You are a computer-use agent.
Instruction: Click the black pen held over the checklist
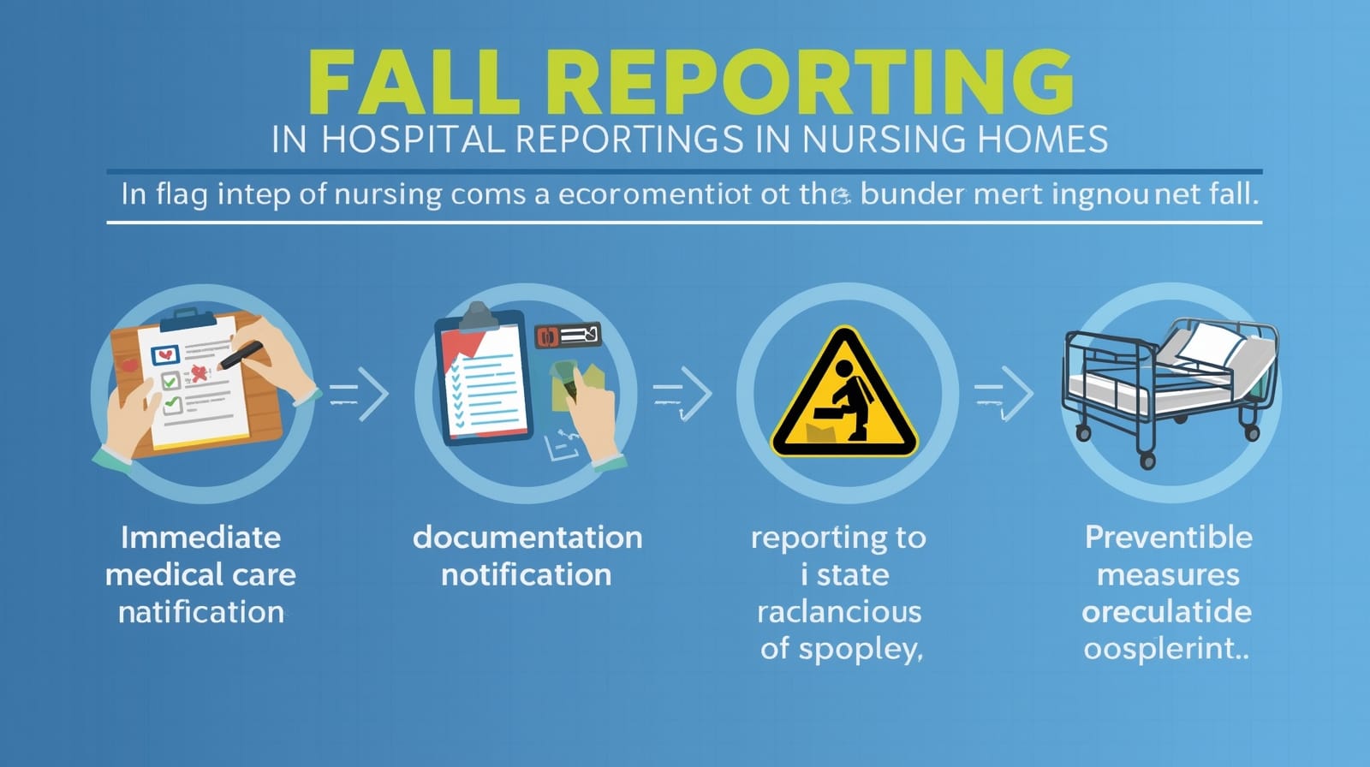tap(241, 355)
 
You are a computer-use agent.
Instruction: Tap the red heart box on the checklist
tap(165, 354)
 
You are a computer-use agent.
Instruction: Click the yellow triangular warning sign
tap(844, 393)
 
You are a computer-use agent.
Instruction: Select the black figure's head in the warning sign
tap(844, 368)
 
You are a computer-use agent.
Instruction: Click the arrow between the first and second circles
tap(360, 394)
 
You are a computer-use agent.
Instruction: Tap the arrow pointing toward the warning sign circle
tap(682, 394)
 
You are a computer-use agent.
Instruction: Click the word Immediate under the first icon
tap(200, 538)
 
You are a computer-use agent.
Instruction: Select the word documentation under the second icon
tap(527, 538)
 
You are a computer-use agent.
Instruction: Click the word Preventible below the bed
tap(1168, 538)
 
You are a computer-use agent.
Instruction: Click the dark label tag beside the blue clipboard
tap(568, 336)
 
